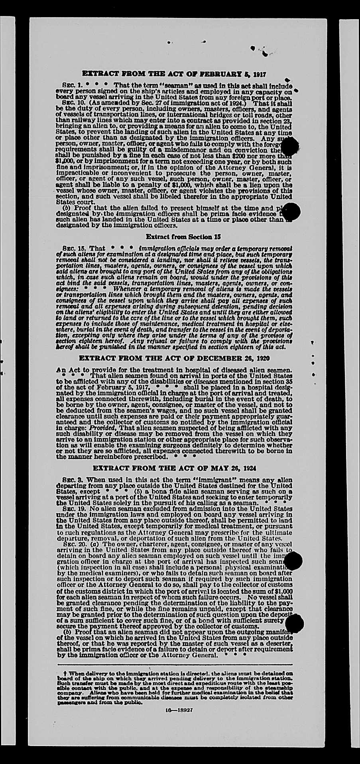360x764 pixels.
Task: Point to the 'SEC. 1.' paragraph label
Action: coord(72,85)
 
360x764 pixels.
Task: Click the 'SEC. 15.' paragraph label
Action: coord(73,248)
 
